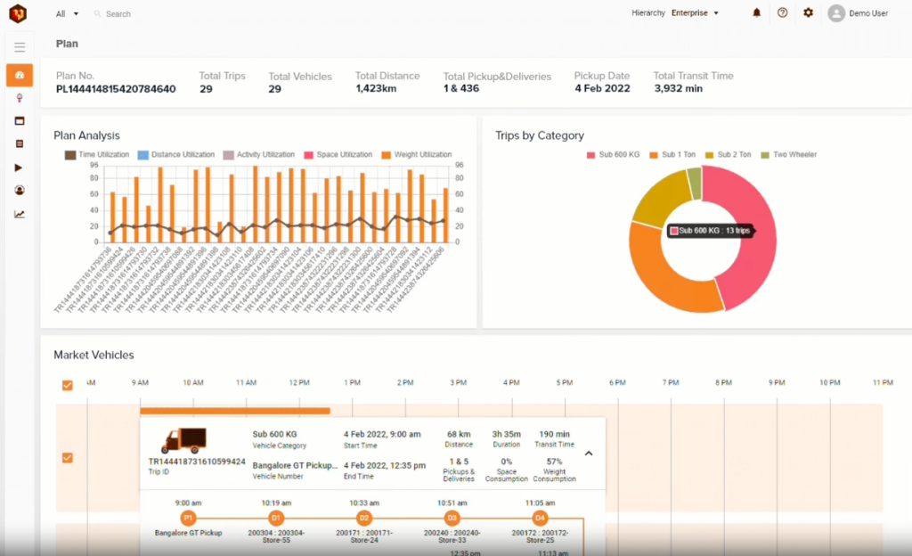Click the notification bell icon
[x=757, y=13]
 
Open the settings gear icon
[x=808, y=13]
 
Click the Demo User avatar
[x=835, y=13]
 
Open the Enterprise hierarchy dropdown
[x=695, y=13]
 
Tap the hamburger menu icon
[x=20, y=47]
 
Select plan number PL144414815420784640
[x=116, y=89]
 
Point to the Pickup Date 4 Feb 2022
[x=602, y=89]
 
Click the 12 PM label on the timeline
[x=298, y=382]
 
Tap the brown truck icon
[x=183, y=440]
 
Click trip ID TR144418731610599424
[x=197, y=462]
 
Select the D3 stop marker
[x=452, y=518]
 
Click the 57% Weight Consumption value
[x=554, y=462]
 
